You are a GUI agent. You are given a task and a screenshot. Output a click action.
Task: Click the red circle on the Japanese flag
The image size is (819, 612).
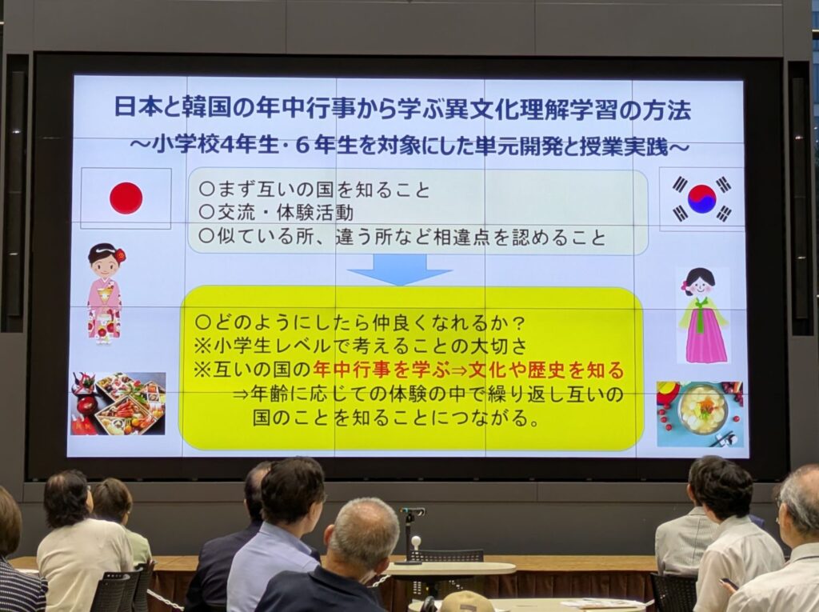coord(126,198)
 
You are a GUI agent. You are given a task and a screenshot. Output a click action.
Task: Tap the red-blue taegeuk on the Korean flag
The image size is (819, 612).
coord(701,199)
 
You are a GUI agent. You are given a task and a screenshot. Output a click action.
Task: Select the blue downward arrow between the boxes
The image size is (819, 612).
coord(400,270)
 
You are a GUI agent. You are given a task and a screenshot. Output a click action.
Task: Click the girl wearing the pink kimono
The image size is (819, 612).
coord(105,293)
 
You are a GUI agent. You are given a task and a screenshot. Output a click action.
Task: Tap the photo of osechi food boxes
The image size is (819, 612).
coord(118,403)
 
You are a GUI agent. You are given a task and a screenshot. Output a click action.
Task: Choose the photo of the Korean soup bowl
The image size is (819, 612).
coord(699,414)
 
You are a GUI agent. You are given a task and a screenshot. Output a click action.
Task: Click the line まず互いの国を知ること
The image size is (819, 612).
coord(314,189)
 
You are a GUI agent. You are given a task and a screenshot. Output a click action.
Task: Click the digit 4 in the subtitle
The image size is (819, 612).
coord(226,146)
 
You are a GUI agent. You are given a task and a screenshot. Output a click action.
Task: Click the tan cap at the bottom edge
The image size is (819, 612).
coord(466,602)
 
